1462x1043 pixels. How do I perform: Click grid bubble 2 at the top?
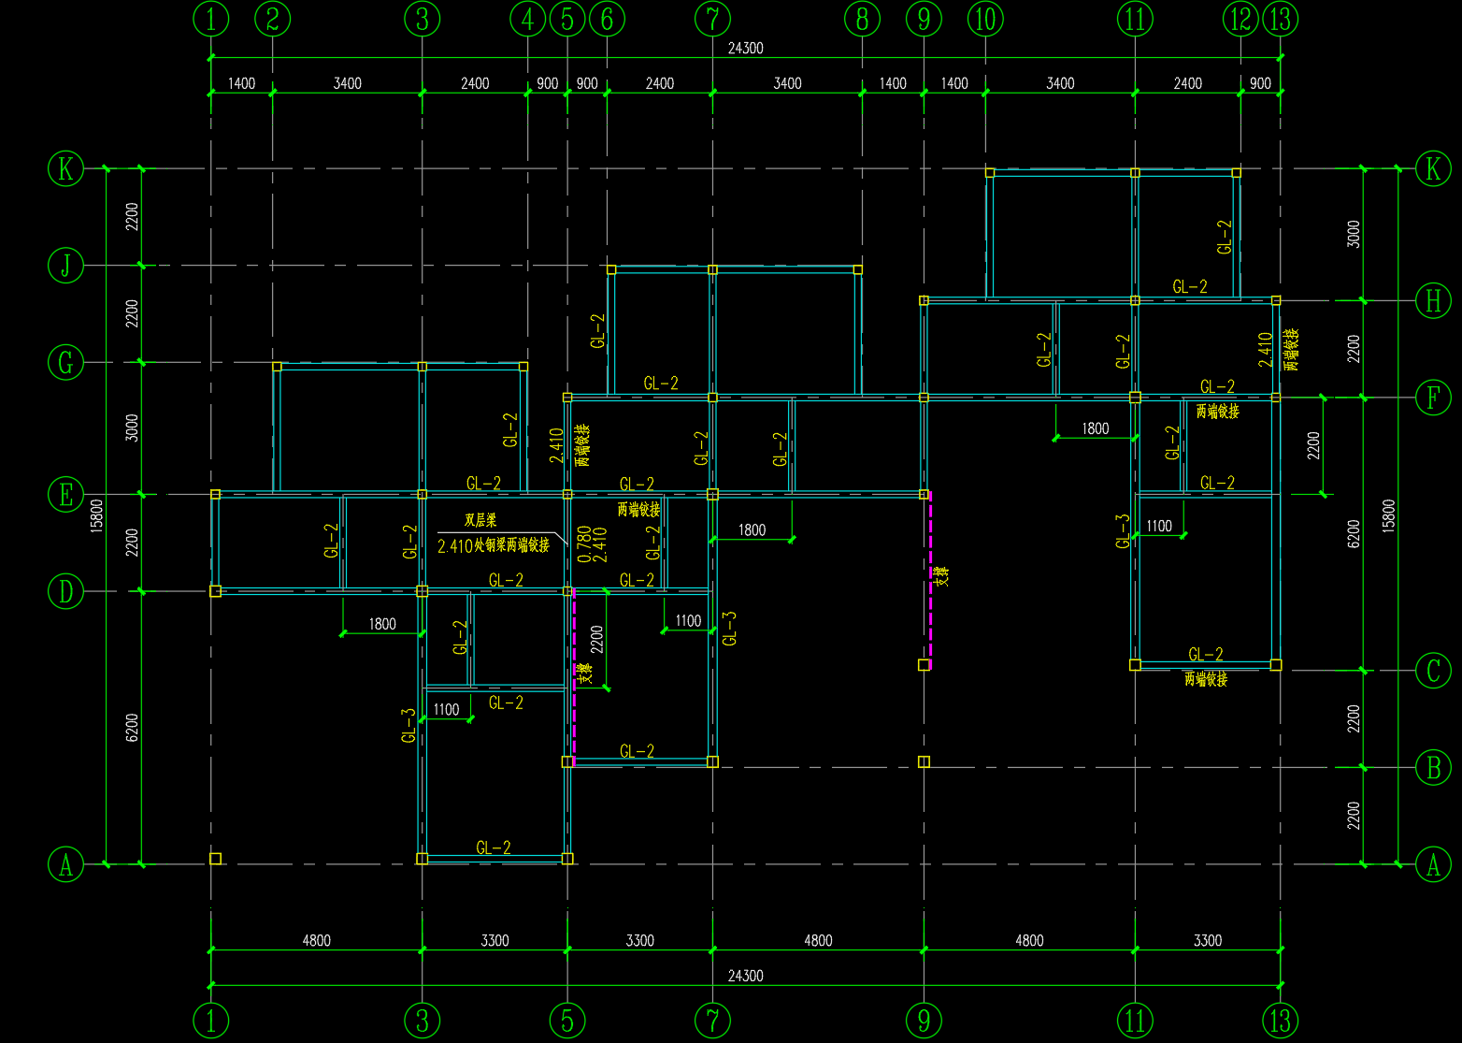tap(272, 18)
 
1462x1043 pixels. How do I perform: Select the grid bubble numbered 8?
tap(862, 18)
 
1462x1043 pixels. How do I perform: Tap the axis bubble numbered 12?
tap(1241, 18)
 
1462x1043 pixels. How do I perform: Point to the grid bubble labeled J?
tap(65, 266)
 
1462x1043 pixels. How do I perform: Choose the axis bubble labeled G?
tap(65, 362)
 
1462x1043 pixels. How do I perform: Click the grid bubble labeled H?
tap(1433, 301)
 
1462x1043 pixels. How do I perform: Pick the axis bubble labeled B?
tap(1433, 768)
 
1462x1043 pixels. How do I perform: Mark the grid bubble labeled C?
tap(1433, 671)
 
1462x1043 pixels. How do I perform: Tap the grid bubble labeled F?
tap(1433, 398)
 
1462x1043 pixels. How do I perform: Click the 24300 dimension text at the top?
tap(745, 49)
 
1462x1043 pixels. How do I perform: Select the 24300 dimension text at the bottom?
tap(745, 976)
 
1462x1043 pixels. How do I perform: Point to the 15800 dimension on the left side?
tap(97, 514)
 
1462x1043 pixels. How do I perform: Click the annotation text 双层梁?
tap(480, 521)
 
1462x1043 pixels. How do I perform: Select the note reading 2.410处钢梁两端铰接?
tap(494, 545)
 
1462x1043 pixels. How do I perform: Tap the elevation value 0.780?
tap(583, 543)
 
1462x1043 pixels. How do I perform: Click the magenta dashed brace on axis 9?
tap(930, 580)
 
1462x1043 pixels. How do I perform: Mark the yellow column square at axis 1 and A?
tap(215, 859)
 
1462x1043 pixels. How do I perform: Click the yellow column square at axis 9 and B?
tap(924, 762)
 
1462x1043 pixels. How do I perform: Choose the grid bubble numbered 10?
tap(985, 18)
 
